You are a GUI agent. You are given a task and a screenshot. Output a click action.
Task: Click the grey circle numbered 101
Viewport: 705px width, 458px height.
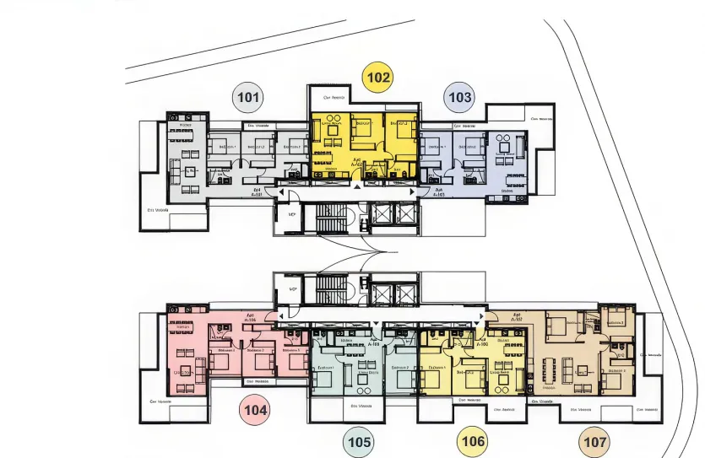coord(247,98)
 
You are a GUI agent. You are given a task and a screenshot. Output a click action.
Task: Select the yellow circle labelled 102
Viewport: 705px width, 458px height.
coord(378,78)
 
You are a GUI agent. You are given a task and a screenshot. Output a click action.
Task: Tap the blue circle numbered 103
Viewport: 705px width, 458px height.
coord(459,98)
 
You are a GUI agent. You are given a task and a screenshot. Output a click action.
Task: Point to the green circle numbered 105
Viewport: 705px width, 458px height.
coord(359,441)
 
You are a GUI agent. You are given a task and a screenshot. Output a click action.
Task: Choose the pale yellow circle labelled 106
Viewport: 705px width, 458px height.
coord(473,440)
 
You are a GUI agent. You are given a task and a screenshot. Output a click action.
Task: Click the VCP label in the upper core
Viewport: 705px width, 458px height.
coord(293,214)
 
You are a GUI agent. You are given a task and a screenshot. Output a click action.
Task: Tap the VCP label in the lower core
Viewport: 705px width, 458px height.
coord(293,288)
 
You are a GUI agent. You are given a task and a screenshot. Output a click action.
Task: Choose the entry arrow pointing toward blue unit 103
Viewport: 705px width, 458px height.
coord(412,192)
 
